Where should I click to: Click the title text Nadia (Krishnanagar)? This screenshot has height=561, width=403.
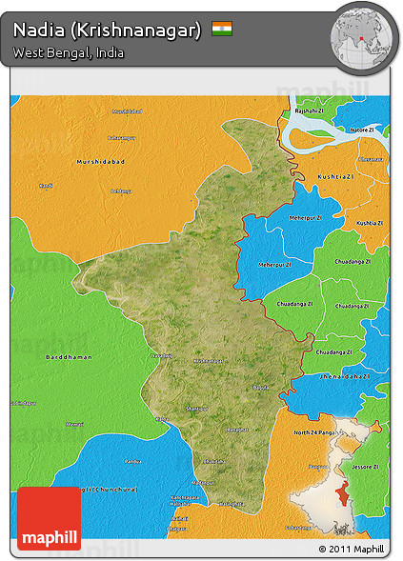(x=107, y=30)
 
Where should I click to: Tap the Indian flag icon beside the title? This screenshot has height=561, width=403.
(x=222, y=29)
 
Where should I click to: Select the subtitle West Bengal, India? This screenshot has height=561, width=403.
(x=69, y=52)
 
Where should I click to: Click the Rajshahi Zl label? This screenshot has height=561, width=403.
(x=309, y=110)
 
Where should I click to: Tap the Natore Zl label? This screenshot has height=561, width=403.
(x=363, y=128)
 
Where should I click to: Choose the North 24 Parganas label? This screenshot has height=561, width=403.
(x=313, y=434)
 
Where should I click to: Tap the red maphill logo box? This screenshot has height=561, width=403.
(x=50, y=517)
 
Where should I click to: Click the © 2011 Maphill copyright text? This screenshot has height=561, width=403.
(x=352, y=550)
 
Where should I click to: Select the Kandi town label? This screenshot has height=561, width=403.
(x=46, y=185)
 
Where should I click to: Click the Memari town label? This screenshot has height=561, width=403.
(x=74, y=424)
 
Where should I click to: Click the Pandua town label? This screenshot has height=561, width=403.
(x=132, y=461)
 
